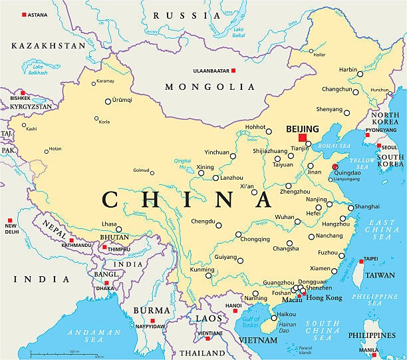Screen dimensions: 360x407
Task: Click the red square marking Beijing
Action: pos(303,138)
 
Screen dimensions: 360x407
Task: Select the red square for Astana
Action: pos(25,15)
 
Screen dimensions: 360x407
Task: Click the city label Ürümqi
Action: pos(122,100)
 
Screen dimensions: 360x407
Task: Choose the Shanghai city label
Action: pos(367,207)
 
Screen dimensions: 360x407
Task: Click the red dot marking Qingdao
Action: pos(335,167)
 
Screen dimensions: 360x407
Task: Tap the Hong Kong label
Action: pos(325,297)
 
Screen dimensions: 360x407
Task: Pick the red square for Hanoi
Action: pos(235,310)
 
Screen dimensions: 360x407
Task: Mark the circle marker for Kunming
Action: pos(208,274)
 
